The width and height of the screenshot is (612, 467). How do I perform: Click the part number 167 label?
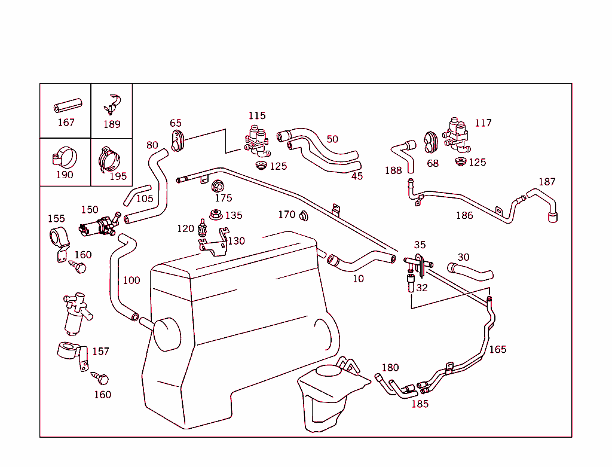[66, 123]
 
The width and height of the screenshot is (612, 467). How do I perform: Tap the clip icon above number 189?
[112, 103]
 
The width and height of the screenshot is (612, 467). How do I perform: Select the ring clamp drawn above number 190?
[64, 157]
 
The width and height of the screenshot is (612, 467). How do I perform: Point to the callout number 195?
[118, 176]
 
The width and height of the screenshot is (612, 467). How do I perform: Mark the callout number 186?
[464, 215]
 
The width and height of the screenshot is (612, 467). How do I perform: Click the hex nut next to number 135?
[216, 214]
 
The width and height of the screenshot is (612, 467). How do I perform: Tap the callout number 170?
[287, 214]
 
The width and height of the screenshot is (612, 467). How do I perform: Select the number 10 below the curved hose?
[358, 279]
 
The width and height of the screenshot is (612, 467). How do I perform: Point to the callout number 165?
[498, 349]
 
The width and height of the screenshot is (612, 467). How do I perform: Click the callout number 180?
[390, 368]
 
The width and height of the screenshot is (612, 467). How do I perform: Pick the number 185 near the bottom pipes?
[420, 404]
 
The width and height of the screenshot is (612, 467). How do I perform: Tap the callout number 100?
[131, 280]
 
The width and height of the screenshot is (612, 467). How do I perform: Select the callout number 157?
[100, 352]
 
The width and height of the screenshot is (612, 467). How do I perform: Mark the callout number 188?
[393, 170]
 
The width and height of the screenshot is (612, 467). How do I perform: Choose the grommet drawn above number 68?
[431, 142]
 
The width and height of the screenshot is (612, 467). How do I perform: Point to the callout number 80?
[152, 145]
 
